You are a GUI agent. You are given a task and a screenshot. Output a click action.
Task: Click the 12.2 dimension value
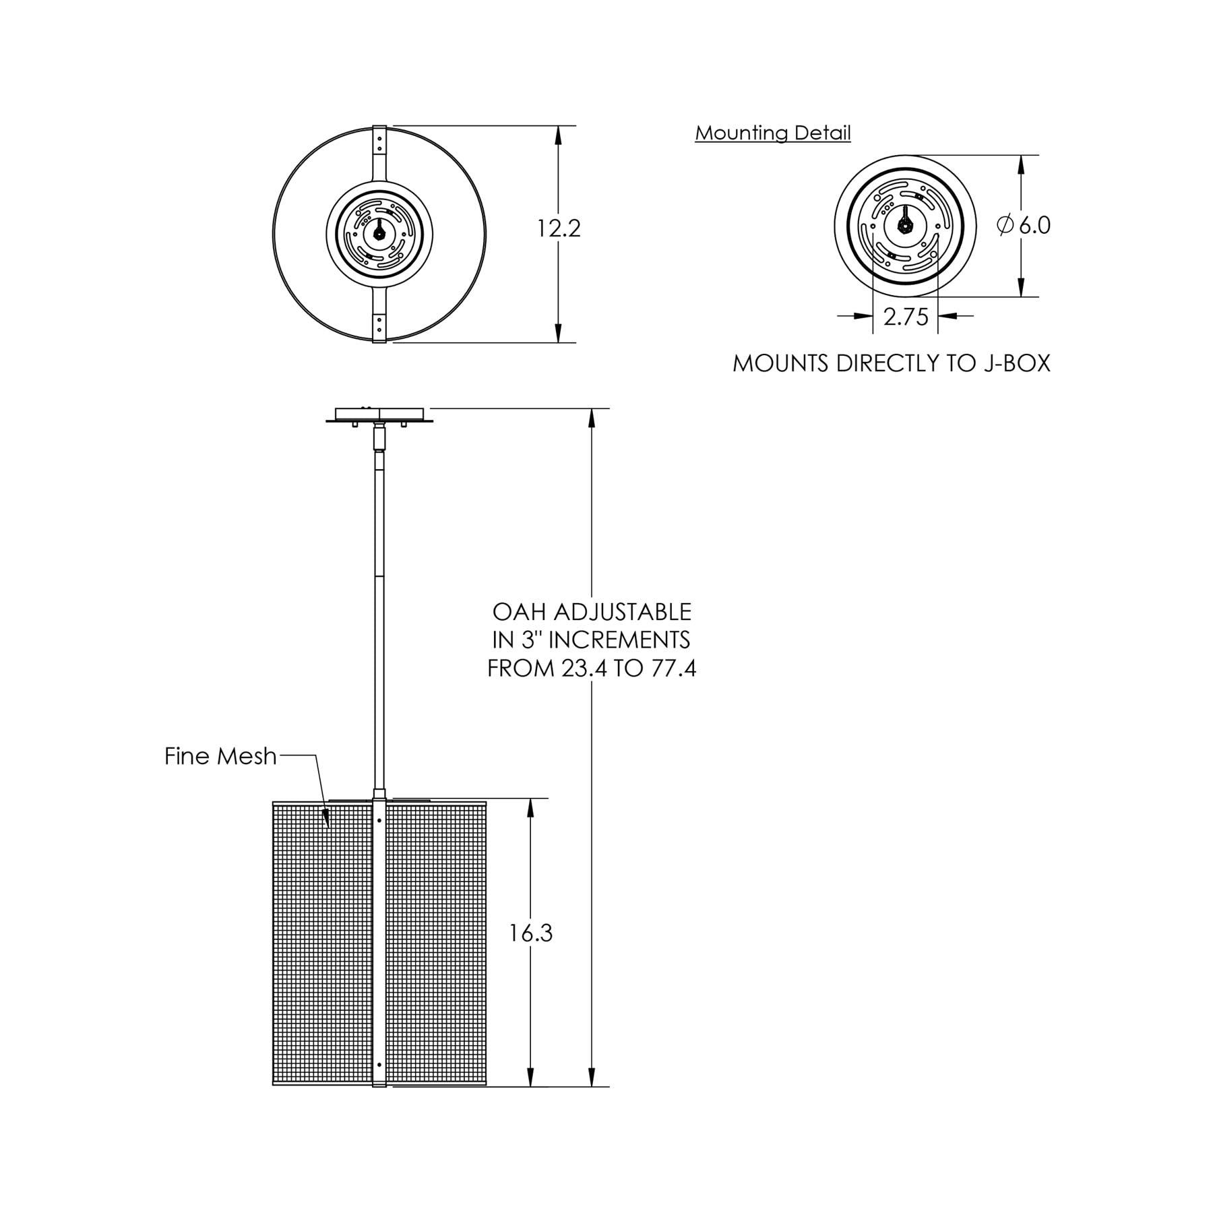pyautogui.click(x=558, y=229)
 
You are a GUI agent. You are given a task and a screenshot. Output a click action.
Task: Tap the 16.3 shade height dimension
pyautogui.click(x=530, y=933)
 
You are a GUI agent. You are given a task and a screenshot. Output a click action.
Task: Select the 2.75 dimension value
pyautogui.click(x=906, y=317)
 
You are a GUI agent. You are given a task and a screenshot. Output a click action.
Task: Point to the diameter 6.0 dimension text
pyautogui.click(x=1024, y=225)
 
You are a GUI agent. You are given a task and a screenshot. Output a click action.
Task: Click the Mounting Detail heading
pyautogui.click(x=773, y=133)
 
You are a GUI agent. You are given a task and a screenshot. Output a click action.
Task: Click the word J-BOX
pyautogui.click(x=1014, y=364)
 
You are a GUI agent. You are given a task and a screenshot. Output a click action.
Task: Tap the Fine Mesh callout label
pyautogui.click(x=220, y=756)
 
